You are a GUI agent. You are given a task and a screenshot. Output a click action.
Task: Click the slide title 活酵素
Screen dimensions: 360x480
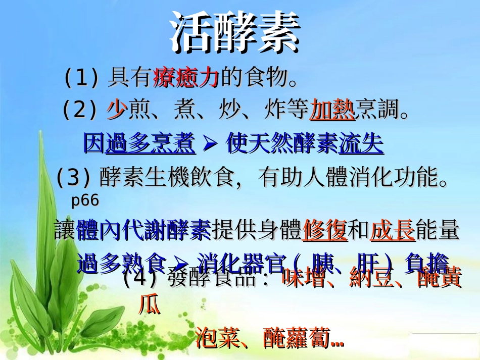pos(235,33)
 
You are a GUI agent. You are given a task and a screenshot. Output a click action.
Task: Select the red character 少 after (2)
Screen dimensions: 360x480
pos(116,110)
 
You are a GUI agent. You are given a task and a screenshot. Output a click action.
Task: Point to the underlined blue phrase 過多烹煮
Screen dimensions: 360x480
pos(150,144)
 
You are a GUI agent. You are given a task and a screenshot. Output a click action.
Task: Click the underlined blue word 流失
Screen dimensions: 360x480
pos(361,144)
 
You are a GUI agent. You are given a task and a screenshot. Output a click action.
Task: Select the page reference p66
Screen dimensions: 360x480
pos(85,200)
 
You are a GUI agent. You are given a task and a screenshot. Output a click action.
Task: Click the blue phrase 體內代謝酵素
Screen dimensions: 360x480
pos(143,231)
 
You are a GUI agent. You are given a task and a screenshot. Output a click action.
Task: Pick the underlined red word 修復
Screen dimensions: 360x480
pos(325,231)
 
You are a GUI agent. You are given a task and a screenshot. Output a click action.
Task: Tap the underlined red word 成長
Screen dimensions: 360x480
pos(393,231)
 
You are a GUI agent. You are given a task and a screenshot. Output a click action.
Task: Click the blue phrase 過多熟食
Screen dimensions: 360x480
pos(121,263)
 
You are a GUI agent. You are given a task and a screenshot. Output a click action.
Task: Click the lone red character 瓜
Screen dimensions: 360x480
pos(149,304)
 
